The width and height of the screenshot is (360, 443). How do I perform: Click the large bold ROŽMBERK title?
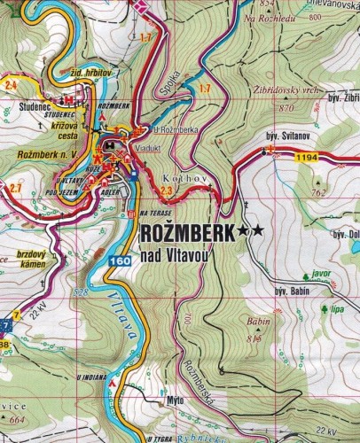coord(186,231)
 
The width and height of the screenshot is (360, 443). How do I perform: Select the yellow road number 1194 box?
coord(307,157)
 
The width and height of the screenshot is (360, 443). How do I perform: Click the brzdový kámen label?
coord(31,259)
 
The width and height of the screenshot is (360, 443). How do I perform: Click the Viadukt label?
coord(148,149)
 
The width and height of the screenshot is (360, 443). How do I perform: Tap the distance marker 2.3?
coord(168,190)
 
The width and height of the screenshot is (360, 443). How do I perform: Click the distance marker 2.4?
coord(12,84)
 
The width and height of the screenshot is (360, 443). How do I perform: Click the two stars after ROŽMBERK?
coord(250,231)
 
